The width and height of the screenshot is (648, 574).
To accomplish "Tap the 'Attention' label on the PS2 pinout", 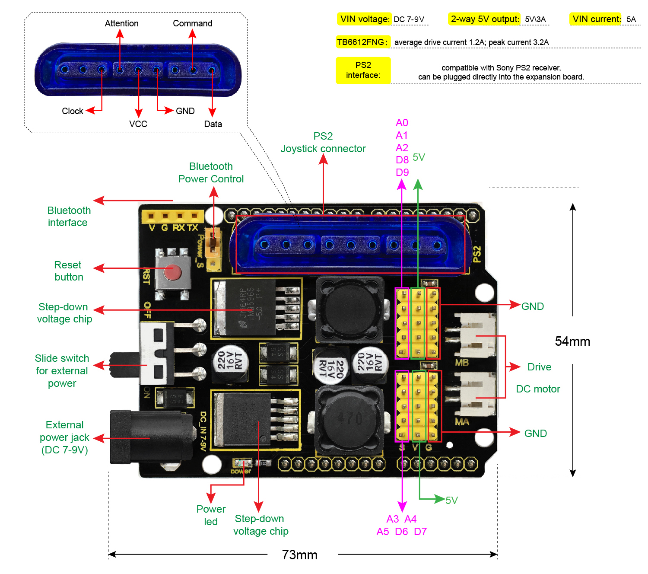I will pyautogui.click(x=121, y=23).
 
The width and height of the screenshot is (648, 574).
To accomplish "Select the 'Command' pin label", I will pyautogui.click(x=193, y=23).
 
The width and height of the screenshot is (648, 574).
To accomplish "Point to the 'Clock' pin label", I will pyautogui.click(x=72, y=111).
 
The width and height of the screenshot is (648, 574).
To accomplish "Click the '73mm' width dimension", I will pyautogui.click(x=299, y=555).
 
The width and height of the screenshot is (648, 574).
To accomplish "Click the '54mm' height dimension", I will pyautogui.click(x=572, y=341).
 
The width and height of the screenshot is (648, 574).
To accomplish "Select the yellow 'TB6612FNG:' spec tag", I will pyautogui.click(x=362, y=42).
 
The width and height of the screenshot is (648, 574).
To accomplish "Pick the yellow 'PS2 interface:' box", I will pyautogui.click(x=363, y=70).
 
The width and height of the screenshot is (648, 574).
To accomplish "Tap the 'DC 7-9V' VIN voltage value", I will pyautogui.click(x=409, y=19).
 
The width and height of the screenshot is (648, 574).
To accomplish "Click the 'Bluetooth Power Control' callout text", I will pyautogui.click(x=211, y=173).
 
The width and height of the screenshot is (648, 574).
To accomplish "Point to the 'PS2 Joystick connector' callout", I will pyautogui.click(x=323, y=143).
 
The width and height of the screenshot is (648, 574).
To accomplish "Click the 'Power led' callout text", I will pyautogui.click(x=211, y=515).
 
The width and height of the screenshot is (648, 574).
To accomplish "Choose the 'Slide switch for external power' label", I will pyautogui.click(x=62, y=371).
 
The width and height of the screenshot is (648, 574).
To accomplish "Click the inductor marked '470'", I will pyautogui.click(x=350, y=419).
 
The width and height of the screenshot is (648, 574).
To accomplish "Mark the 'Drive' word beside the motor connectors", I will pyautogui.click(x=539, y=367).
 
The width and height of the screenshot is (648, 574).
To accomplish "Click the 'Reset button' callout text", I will pyautogui.click(x=68, y=271).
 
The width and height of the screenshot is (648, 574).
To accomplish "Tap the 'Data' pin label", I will pyautogui.click(x=213, y=124).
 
